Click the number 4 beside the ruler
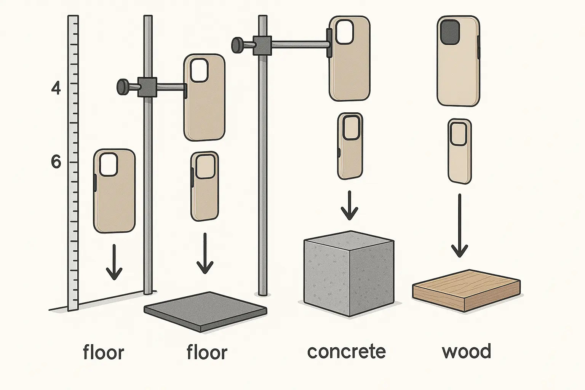56,88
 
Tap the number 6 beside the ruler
56,163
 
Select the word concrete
346,352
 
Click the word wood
467,352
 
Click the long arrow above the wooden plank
460,225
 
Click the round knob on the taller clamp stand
237,44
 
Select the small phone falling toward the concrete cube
350,146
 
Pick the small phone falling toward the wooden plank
459,151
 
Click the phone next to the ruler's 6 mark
114,190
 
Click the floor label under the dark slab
207,352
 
